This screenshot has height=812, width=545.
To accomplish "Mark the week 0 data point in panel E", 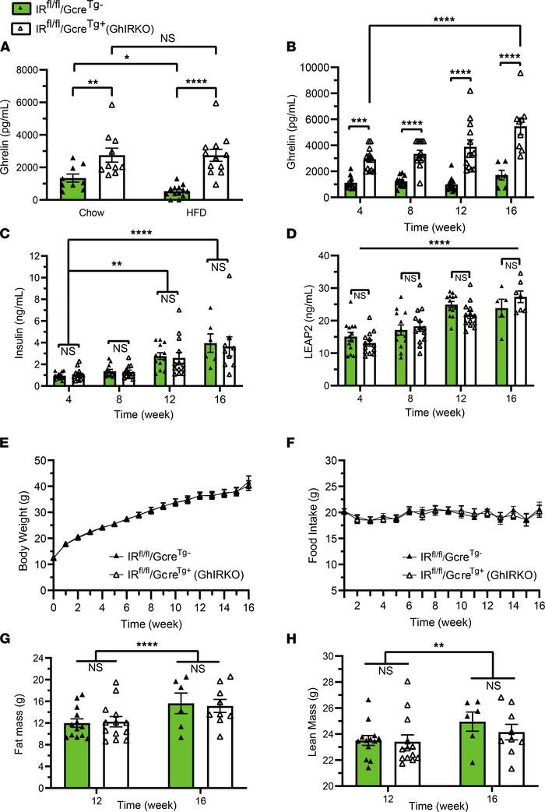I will pyautogui.click(x=54, y=560).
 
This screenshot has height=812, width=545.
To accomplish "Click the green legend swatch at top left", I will pyautogui.click(x=23, y=9).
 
